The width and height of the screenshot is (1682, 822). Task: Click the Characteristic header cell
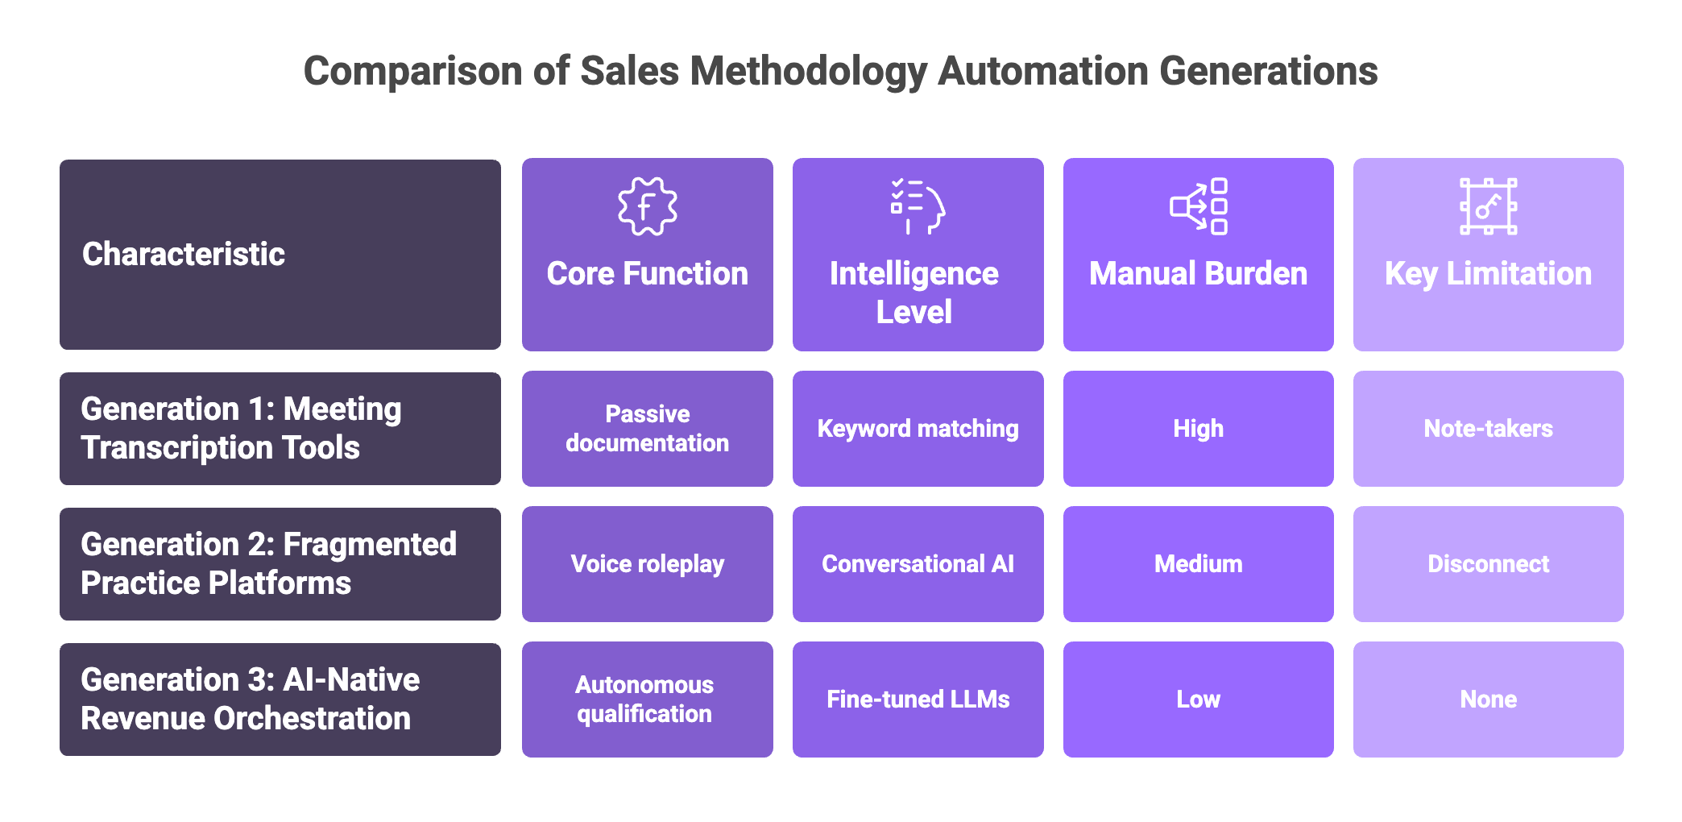click(280, 255)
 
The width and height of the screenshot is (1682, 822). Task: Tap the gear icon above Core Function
click(647, 206)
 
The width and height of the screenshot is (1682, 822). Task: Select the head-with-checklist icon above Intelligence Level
click(918, 206)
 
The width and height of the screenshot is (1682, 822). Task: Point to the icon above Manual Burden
click(1198, 206)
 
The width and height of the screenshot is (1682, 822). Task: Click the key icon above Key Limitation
click(1488, 206)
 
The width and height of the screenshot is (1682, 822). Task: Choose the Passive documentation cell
click(647, 429)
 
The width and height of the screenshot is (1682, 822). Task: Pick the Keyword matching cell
click(918, 429)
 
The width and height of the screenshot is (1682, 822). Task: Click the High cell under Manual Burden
click(1198, 429)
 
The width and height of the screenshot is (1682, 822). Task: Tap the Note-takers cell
click(1488, 429)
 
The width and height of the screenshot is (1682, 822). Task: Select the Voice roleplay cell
click(647, 564)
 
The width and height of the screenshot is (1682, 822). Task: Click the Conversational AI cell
click(918, 564)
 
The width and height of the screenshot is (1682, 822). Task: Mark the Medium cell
click(1198, 564)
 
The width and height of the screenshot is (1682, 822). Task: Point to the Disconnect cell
click(1488, 564)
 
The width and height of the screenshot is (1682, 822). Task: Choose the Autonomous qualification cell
click(647, 700)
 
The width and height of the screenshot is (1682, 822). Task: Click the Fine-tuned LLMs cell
click(918, 700)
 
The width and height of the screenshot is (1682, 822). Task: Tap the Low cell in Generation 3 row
click(1198, 700)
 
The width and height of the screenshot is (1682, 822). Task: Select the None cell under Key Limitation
click(1488, 700)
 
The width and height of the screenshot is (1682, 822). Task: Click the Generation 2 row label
click(280, 564)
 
